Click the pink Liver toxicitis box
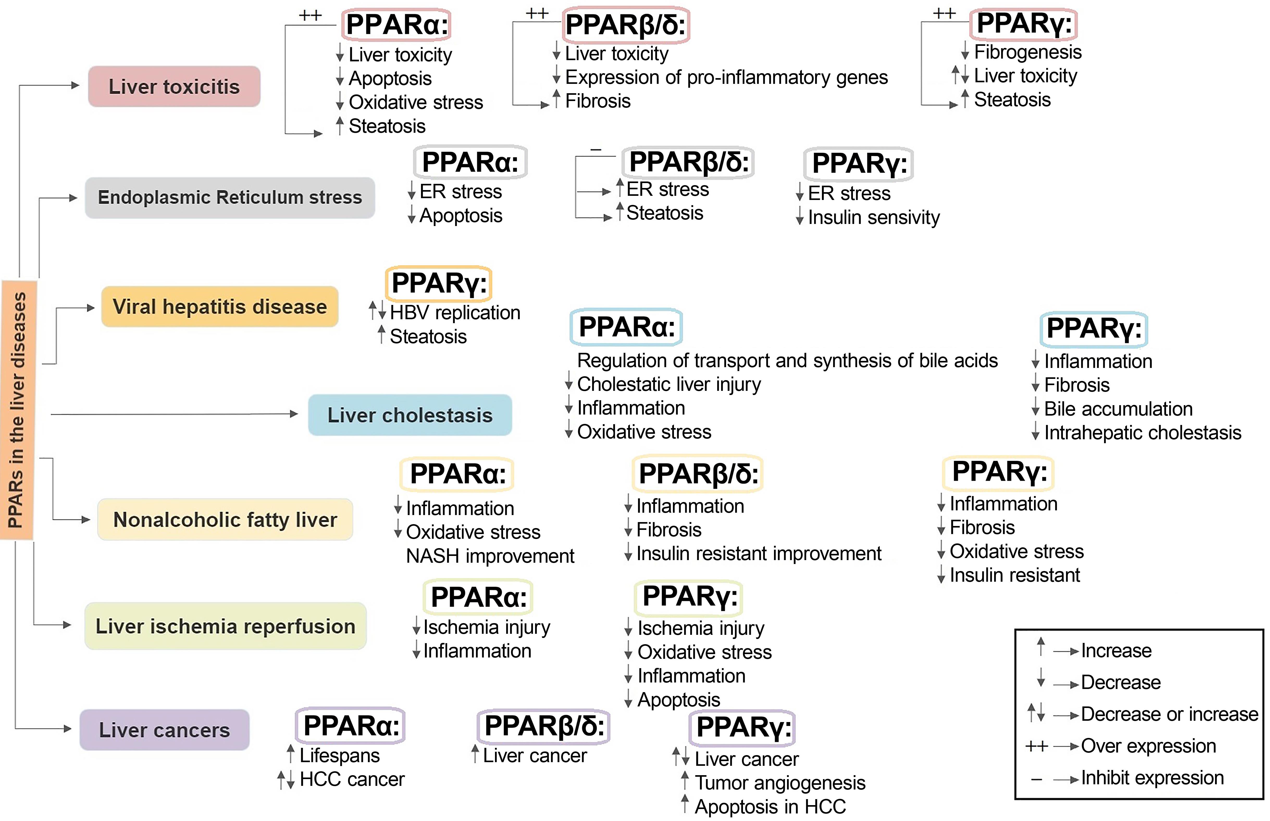pos(174,86)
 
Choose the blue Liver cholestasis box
pos(410,415)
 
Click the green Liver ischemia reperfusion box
pos(225,626)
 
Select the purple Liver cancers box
pos(164,729)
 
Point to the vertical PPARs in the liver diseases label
pos(18,409)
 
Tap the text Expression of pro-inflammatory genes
pos(726,77)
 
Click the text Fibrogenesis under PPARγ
pos(1027,52)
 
